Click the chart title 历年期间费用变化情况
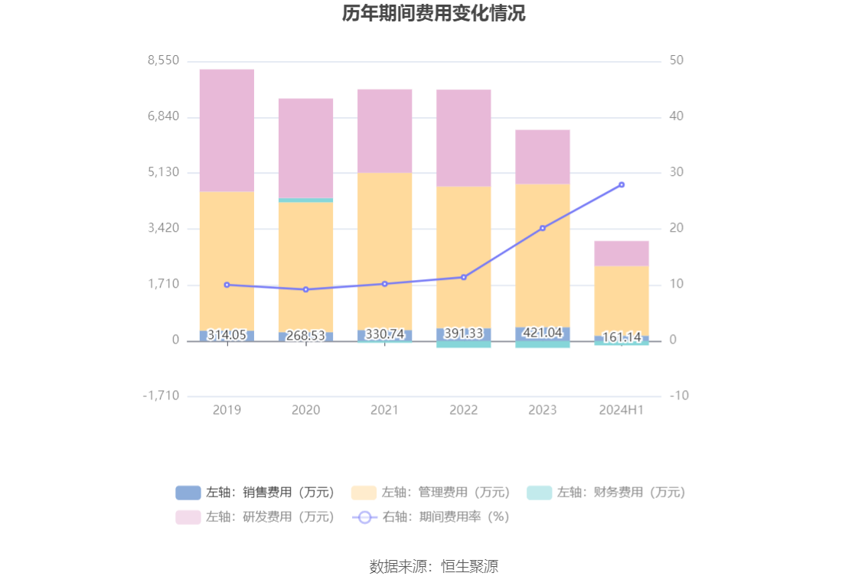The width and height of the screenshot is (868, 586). pos(433,14)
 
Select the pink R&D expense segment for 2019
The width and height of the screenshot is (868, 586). pos(227,130)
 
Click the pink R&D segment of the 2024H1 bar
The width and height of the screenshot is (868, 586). pos(621,253)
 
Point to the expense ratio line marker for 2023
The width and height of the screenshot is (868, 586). pos(543,228)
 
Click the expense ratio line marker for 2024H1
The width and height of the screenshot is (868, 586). pos(622,184)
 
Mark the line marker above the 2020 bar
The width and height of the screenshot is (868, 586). pos(305,289)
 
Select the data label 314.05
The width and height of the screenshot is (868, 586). pos(227,334)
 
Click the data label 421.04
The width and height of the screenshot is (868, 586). pos(542,333)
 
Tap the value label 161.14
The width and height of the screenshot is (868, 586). pos(622,337)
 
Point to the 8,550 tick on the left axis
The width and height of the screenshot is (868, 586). pos(164,60)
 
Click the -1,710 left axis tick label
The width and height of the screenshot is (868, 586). pos(161,396)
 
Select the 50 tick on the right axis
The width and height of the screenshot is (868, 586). pos(677,60)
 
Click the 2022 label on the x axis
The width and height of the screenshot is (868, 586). pos(463,410)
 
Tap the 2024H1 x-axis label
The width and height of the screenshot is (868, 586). pos(621,410)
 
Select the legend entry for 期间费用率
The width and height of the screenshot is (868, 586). pos(430,517)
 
